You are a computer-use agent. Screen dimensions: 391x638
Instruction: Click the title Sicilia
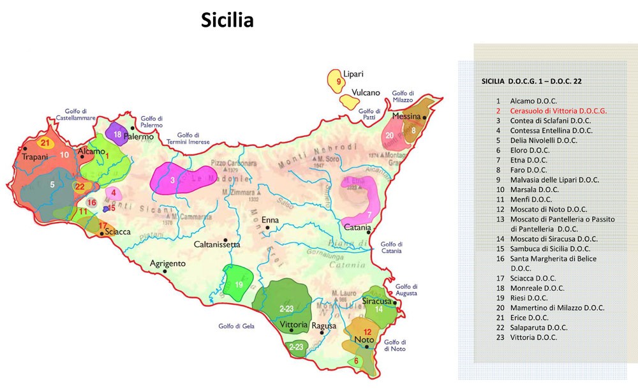click(227, 20)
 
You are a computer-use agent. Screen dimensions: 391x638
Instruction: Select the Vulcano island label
click(366, 92)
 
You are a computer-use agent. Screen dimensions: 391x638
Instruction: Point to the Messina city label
click(406, 117)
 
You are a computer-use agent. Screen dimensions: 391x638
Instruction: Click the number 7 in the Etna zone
click(369, 214)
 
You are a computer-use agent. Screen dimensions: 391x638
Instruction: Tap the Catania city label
click(358, 228)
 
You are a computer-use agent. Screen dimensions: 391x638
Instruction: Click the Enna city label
click(271, 219)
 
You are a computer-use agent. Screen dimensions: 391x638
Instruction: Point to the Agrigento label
click(167, 263)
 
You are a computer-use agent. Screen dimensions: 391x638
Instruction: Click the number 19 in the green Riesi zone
click(238, 284)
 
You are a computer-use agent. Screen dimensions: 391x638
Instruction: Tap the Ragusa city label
click(324, 326)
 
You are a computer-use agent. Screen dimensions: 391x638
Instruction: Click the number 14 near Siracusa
click(378, 309)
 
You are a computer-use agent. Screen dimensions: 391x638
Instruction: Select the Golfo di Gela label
click(235, 327)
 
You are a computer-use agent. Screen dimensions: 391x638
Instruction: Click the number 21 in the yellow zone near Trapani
click(45, 142)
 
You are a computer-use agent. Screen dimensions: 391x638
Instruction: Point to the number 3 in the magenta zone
click(172, 181)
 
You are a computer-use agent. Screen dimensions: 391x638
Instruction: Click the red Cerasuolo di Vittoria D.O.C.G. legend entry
click(558, 110)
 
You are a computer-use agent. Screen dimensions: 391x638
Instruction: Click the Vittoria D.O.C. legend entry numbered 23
click(533, 337)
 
